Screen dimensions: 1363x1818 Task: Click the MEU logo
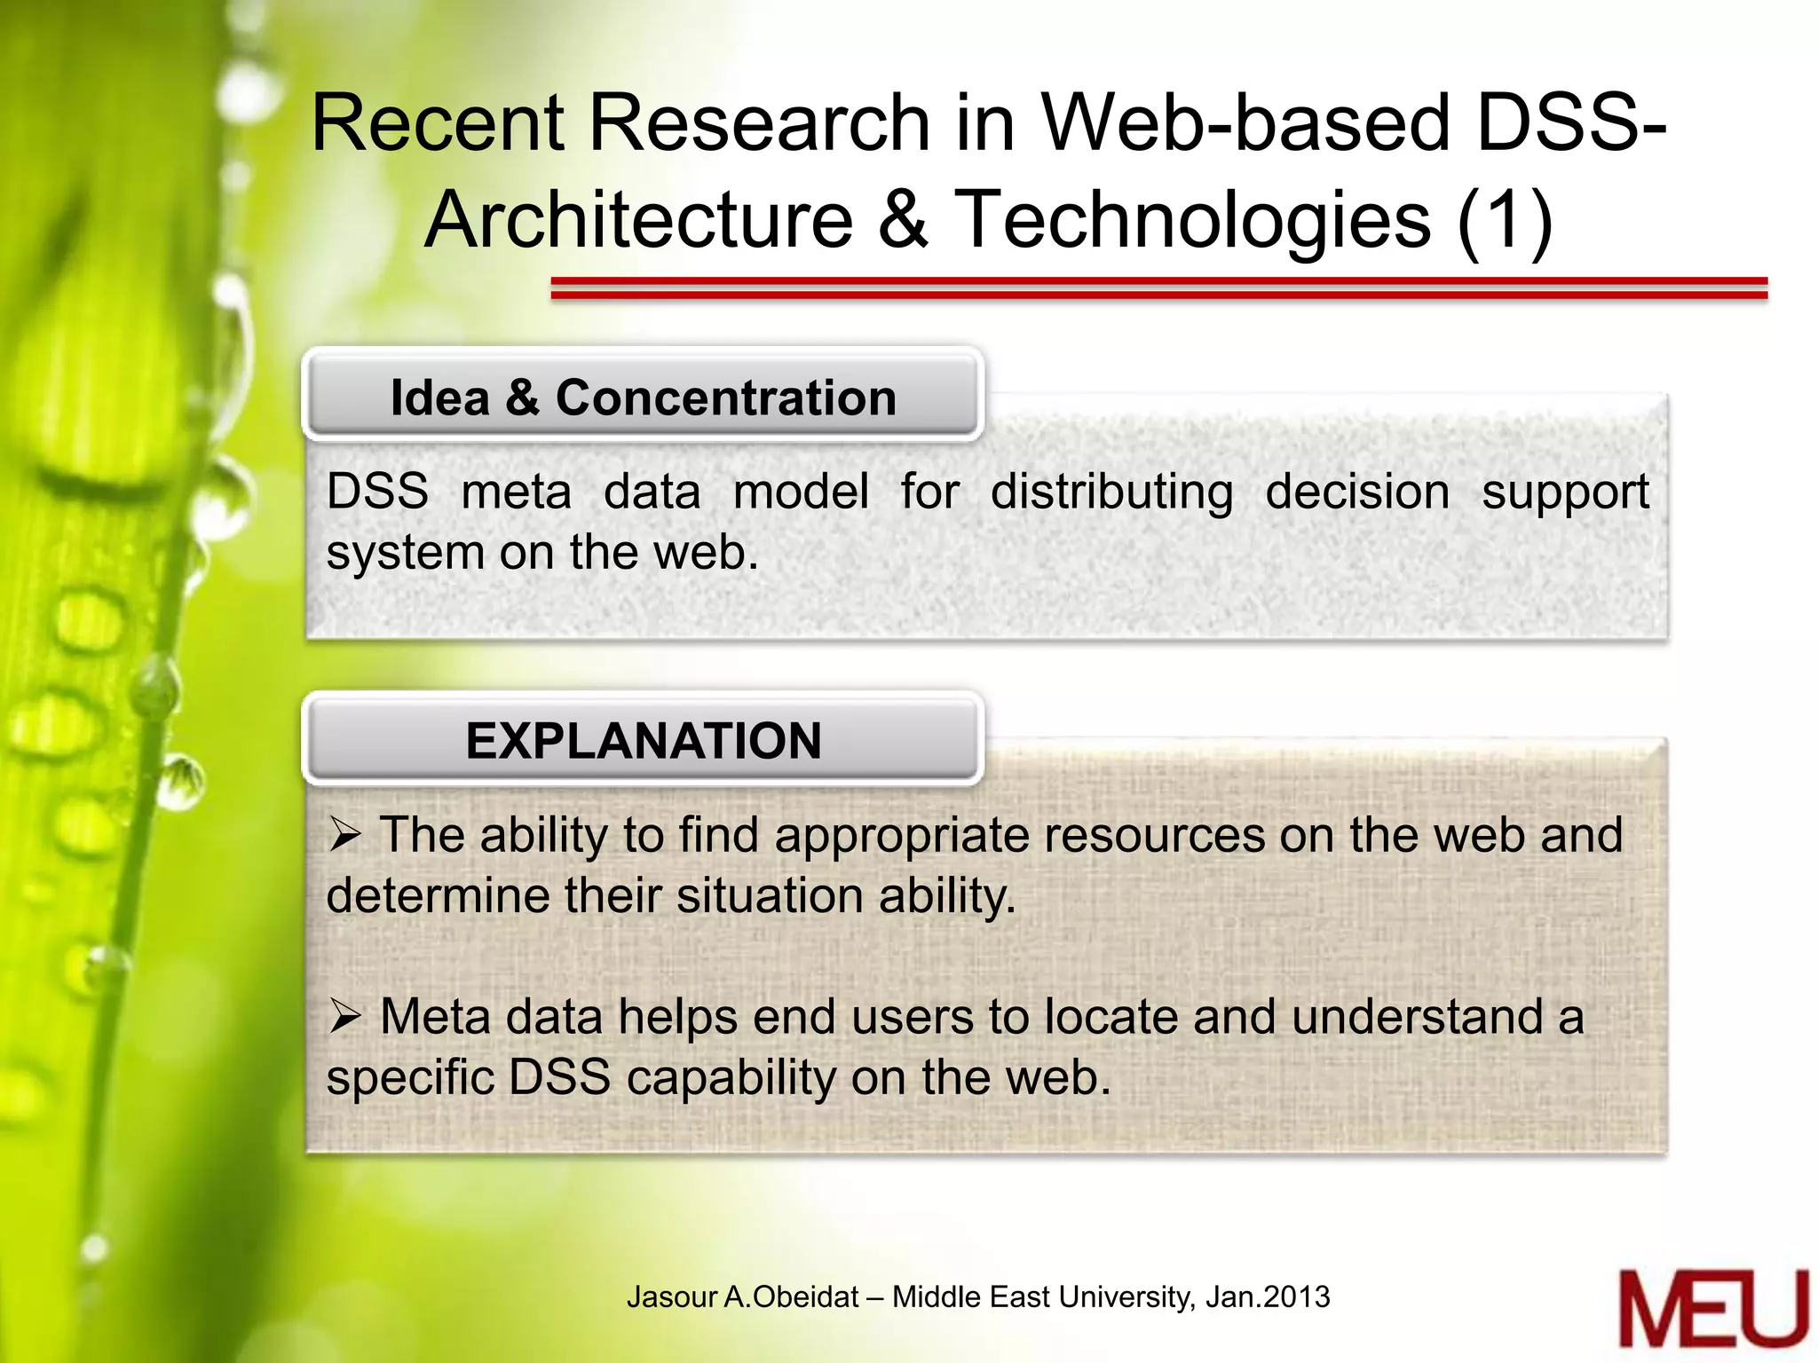point(1712,1308)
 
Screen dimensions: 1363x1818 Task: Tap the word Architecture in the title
point(638,219)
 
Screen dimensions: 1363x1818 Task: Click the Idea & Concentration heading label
point(643,397)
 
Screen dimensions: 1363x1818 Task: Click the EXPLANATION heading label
point(643,740)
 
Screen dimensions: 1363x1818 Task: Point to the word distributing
point(1111,493)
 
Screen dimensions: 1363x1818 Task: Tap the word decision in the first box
point(1357,492)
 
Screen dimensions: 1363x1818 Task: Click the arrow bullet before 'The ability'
point(344,834)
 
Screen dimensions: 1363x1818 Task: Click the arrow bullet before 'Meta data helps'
point(344,1016)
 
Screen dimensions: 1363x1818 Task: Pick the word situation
point(771,895)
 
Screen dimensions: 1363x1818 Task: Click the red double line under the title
point(1158,288)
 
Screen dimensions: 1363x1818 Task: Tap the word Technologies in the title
point(1191,219)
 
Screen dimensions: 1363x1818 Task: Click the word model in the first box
point(801,492)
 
